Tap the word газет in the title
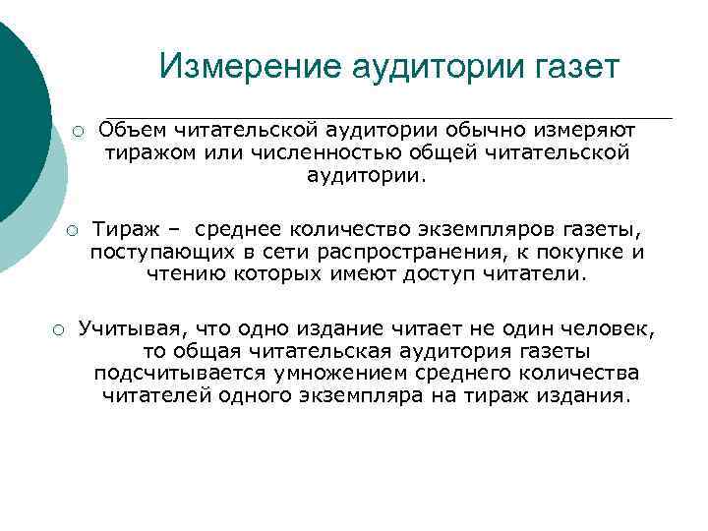[x=570, y=67]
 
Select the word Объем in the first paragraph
[x=134, y=130]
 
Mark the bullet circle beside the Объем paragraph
[x=75, y=132]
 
